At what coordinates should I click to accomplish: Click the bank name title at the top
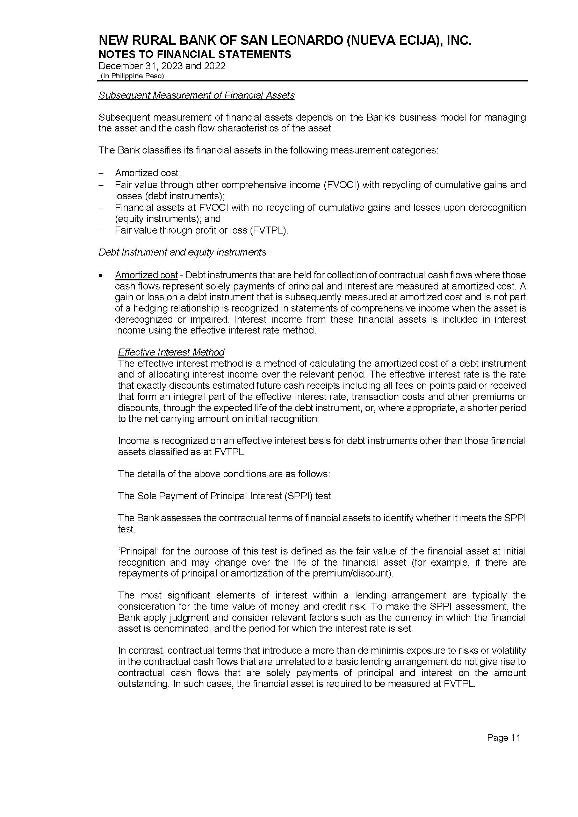click(285, 41)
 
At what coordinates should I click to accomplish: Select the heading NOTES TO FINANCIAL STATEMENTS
click(195, 55)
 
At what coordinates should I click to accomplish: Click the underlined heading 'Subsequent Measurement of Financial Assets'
click(196, 95)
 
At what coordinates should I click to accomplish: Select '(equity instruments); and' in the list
click(168, 218)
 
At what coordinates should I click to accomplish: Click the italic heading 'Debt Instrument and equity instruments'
click(182, 252)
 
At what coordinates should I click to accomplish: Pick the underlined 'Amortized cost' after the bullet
click(146, 275)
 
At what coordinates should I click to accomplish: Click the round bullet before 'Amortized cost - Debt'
click(102, 275)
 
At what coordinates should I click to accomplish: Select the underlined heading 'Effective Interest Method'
click(171, 352)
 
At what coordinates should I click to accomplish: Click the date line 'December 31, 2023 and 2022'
click(162, 66)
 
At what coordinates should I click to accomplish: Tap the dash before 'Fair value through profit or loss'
click(101, 231)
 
